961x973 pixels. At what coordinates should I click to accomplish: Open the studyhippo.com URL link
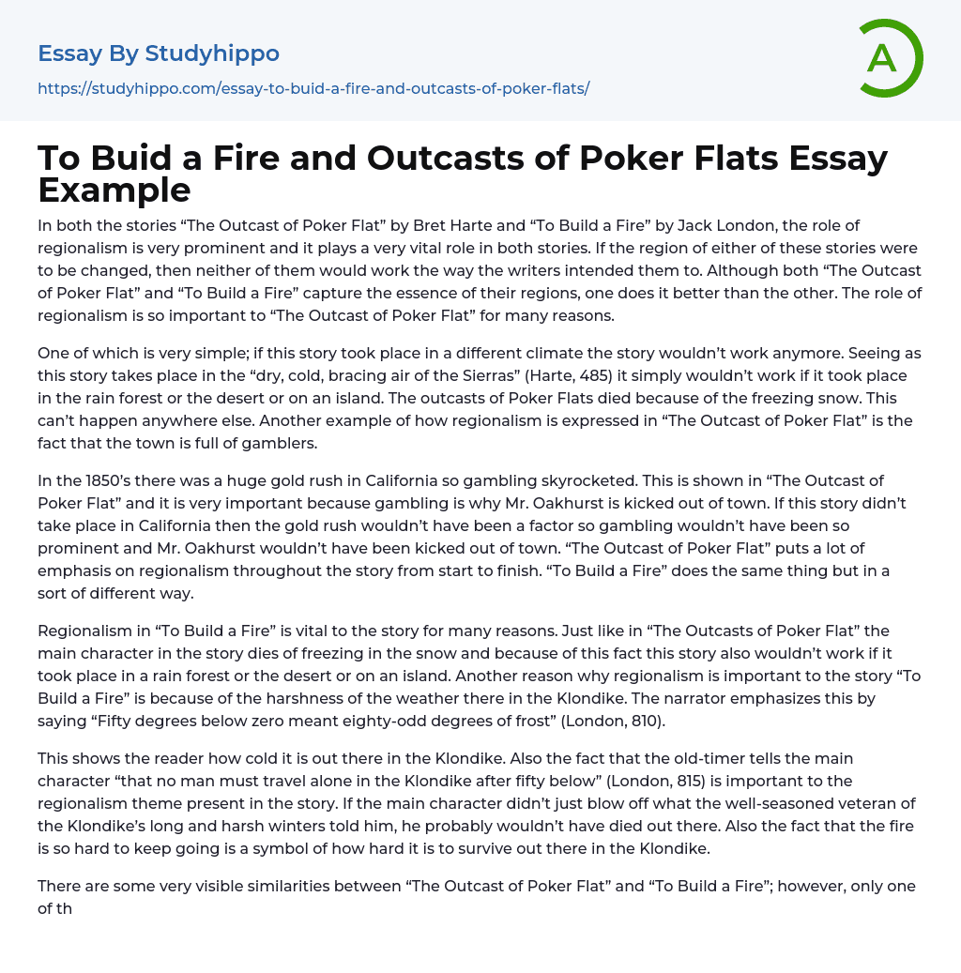pyautogui.click(x=313, y=88)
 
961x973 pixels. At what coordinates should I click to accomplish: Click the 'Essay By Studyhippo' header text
pyautogui.click(x=159, y=53)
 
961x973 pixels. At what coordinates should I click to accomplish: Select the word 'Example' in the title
pyautogui.click(x=114, y=190)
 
